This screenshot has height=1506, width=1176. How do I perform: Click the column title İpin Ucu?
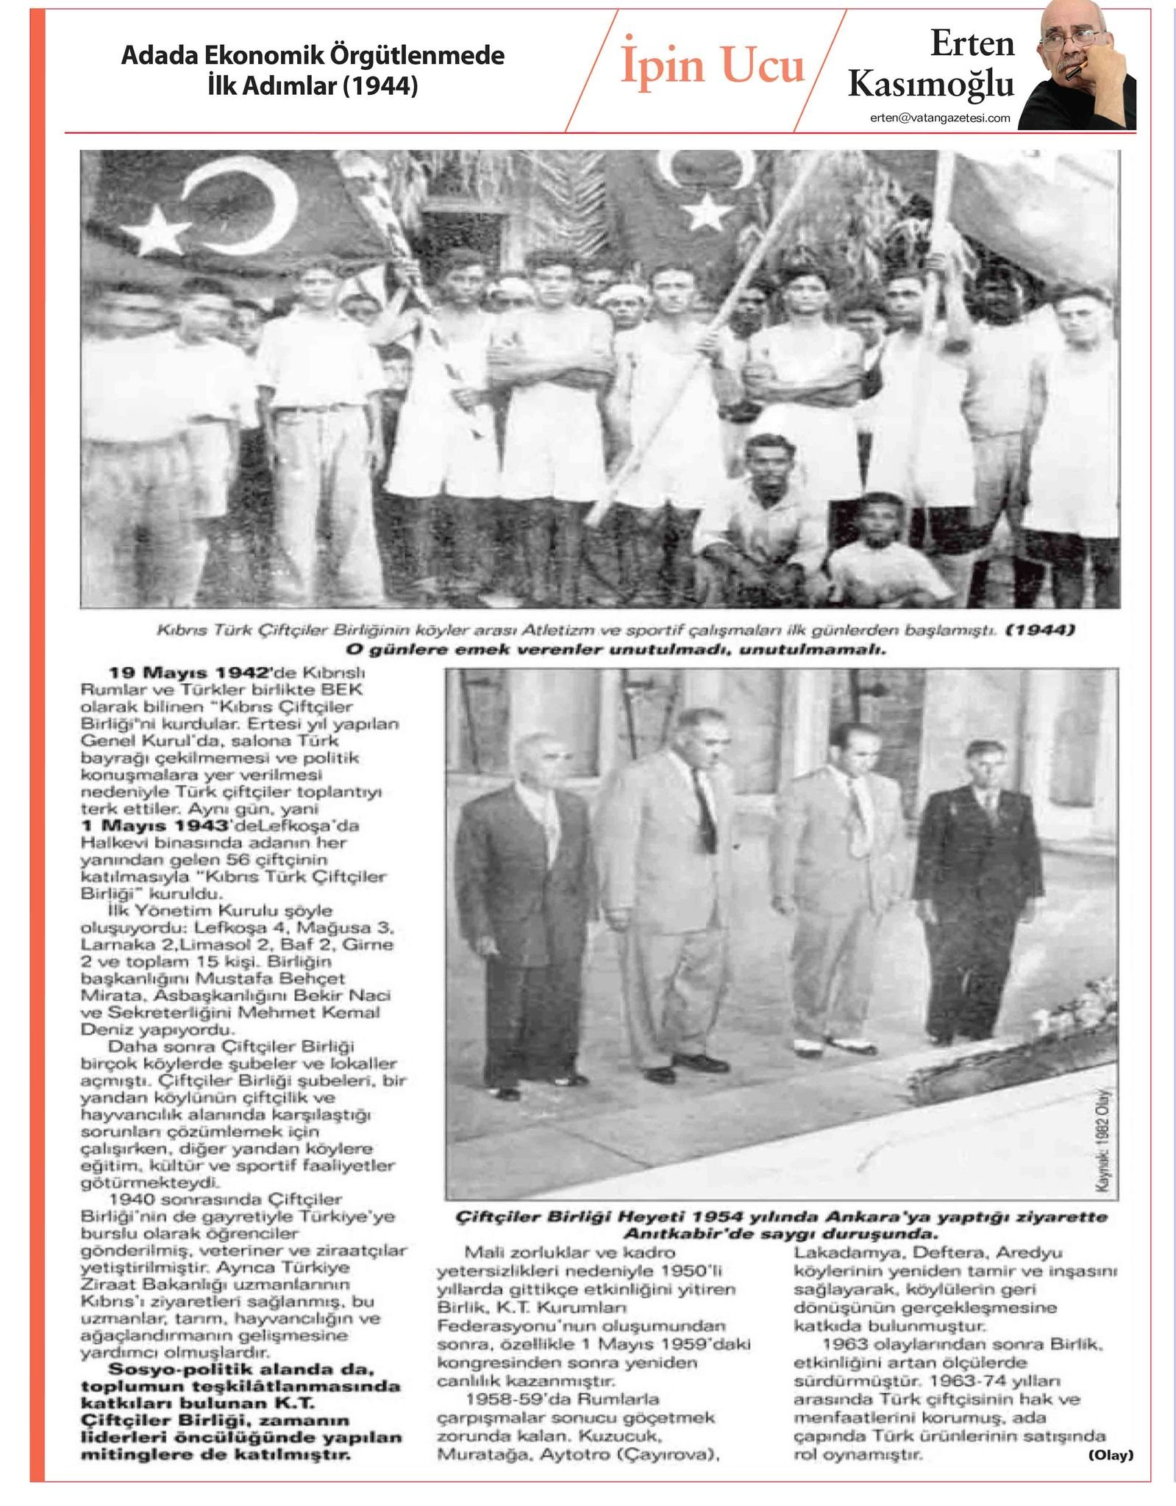pos(713,65)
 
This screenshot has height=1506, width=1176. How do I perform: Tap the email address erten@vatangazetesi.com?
pos(939,118)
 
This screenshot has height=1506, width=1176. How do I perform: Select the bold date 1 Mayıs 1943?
pos(156,826)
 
